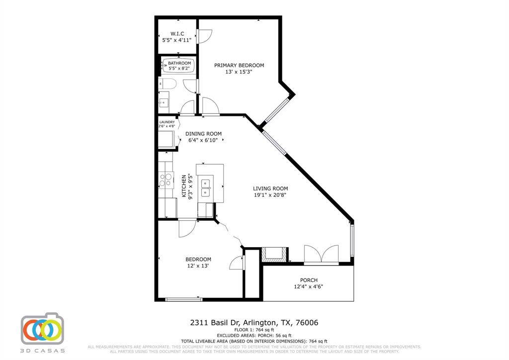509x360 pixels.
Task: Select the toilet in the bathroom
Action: click(x=166, y=84)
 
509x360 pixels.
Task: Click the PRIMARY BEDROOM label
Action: click(x=239, y=65)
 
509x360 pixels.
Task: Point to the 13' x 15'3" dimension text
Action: click(x=239, y=72)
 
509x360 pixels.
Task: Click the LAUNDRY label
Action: click(x=167, y=122)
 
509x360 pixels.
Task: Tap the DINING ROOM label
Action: click(x=203, y=134)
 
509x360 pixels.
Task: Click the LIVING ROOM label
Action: click(x=270, y=188)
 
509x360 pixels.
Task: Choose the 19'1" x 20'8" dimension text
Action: click(x=270, y=195)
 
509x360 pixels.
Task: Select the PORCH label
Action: click(x=308, y=280)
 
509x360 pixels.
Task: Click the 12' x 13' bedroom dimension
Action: click(x=198, y=266)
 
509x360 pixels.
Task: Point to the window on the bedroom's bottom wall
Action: click(x=183, y=299)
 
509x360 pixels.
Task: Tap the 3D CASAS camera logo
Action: click(x=42, y=329)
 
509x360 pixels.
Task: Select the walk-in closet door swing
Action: click(x=205, y=35)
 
